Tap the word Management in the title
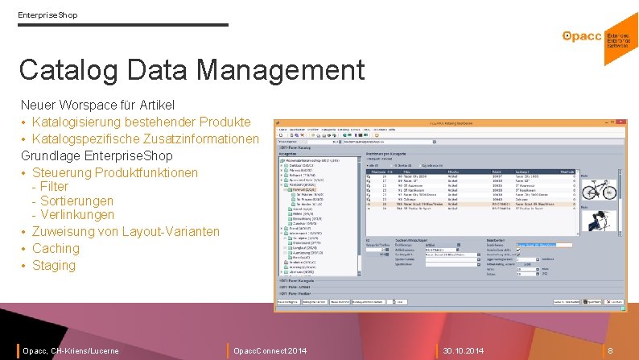pyautogui.click(x=281, y=70)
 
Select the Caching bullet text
pyautogui.click(x=56, y=248)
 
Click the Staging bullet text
pyautogui.click(x=54, y=265)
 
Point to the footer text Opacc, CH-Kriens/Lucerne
pyautogui.click(x=71, y=351)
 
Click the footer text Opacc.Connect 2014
pyautogui.click(x=270, y=351)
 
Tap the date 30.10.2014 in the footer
pyautogui.click(x=464, y=351)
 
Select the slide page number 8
pyautogui.click(x=610, y=351)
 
